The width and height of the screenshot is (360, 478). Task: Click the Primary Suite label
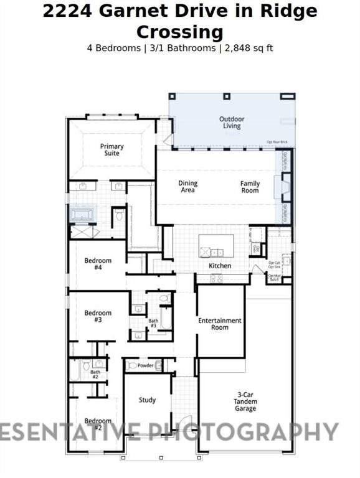pos(112,150)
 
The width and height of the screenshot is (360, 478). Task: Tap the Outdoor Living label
pos(232,123)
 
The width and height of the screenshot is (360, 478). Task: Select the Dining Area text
pos(188,187)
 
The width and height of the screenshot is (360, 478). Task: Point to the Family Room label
pos(250,187)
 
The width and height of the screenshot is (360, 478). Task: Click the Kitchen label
pos(220,266)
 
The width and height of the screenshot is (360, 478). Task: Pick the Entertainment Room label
pos(220,324)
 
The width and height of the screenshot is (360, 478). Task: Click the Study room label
pos(148,400)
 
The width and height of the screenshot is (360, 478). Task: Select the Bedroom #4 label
pos(98,264)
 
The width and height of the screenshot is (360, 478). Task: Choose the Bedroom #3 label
pos(98,316)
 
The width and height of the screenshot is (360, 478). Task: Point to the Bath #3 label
pos(153,323)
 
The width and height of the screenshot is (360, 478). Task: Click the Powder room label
pos(146,365)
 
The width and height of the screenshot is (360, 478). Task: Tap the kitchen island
pos(216,245)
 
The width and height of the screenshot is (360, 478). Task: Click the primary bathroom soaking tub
pos(82,215)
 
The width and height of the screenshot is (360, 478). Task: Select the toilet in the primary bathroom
pos(120,216)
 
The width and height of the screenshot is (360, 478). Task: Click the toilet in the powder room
pos(131,366)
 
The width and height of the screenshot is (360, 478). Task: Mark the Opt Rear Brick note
pos(277,142)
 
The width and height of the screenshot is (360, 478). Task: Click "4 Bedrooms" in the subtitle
pos(113,48)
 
